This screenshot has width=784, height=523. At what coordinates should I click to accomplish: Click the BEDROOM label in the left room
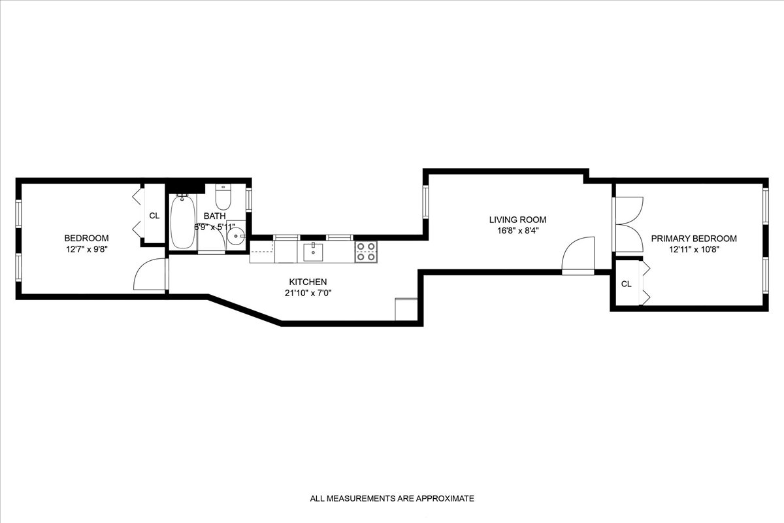pos(86,238)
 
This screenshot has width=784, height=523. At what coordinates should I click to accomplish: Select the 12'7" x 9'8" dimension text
pos(86,249)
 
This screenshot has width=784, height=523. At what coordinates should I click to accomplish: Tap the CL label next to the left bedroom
pos(154,216)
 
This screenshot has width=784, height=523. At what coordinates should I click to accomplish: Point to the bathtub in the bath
pos(183,222)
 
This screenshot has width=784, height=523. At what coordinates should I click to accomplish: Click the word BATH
pos(214,216)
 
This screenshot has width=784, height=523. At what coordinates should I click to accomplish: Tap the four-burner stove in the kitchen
pos(366,252)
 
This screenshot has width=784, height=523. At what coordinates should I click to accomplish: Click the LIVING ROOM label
pos(518,220)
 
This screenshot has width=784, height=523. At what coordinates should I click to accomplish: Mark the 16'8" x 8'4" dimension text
pos(518,231)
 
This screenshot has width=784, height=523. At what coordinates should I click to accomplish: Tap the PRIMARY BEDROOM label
pos(694,239)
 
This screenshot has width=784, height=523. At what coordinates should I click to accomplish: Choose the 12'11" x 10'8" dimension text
pos(694,250)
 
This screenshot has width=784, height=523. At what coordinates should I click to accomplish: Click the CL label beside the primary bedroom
pos(627,284)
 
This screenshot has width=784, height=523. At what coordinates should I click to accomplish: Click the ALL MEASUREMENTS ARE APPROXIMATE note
pos(392,498)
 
